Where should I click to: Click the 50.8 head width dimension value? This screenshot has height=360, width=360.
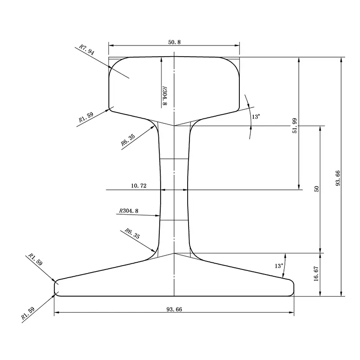174,41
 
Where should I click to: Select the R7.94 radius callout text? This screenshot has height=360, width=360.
86,49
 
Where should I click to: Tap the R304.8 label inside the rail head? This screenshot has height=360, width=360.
164,95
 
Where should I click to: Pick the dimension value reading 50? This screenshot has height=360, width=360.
316,189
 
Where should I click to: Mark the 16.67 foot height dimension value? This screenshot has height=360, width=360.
316,274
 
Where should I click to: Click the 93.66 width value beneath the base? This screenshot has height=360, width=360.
174,309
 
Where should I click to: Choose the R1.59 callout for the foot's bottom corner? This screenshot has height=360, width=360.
27,314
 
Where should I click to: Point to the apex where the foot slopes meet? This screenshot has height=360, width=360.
174,253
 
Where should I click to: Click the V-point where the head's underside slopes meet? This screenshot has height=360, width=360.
174,126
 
